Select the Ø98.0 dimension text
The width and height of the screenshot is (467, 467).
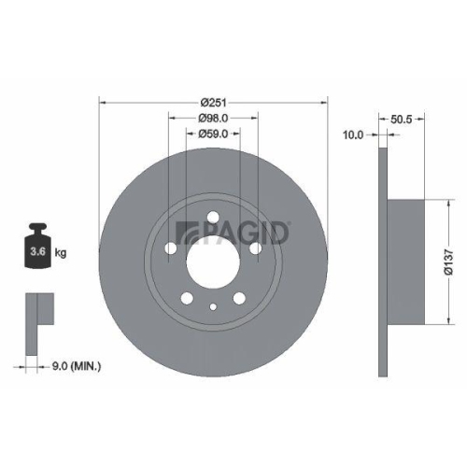tap(214, 119)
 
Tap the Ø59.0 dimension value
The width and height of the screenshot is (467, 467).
tap(214, 134)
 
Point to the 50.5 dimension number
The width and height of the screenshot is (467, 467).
tap(402, 119)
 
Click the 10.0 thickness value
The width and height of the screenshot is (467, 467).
tap(353, 134)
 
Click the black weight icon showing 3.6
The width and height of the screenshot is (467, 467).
tap(38, 248)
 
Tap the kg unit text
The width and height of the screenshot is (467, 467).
tap(60, 253)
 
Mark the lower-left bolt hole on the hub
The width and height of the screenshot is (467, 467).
tap(187, 298)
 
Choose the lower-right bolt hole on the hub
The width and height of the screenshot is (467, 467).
tap(241, 298)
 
